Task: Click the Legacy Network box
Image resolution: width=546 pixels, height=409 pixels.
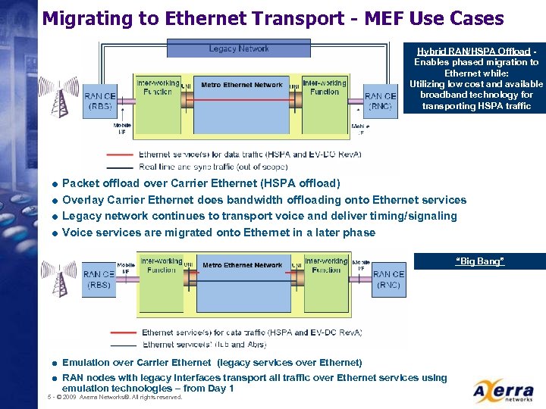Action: [238, 48]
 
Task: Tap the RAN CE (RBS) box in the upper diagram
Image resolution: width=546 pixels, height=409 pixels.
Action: [99, 101]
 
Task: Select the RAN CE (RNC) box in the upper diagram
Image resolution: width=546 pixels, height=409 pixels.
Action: [380, 101]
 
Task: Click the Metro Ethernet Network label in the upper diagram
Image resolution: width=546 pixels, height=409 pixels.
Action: [241, 85]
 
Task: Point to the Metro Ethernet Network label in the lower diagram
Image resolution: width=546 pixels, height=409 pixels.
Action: [243, 265]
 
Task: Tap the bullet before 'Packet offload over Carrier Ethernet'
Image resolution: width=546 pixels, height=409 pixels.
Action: [55, 184]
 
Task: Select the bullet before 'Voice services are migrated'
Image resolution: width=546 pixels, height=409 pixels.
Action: [55, 233]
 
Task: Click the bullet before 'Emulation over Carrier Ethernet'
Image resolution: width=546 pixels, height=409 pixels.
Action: [55, 364]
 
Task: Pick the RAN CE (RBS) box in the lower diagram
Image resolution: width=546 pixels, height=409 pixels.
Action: [99, 279]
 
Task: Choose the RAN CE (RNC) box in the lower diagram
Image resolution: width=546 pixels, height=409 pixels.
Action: [388, 279]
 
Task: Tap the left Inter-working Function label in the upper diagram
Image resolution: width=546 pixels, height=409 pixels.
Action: [157, 87]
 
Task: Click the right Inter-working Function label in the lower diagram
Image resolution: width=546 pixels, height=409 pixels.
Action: [326, 265]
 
